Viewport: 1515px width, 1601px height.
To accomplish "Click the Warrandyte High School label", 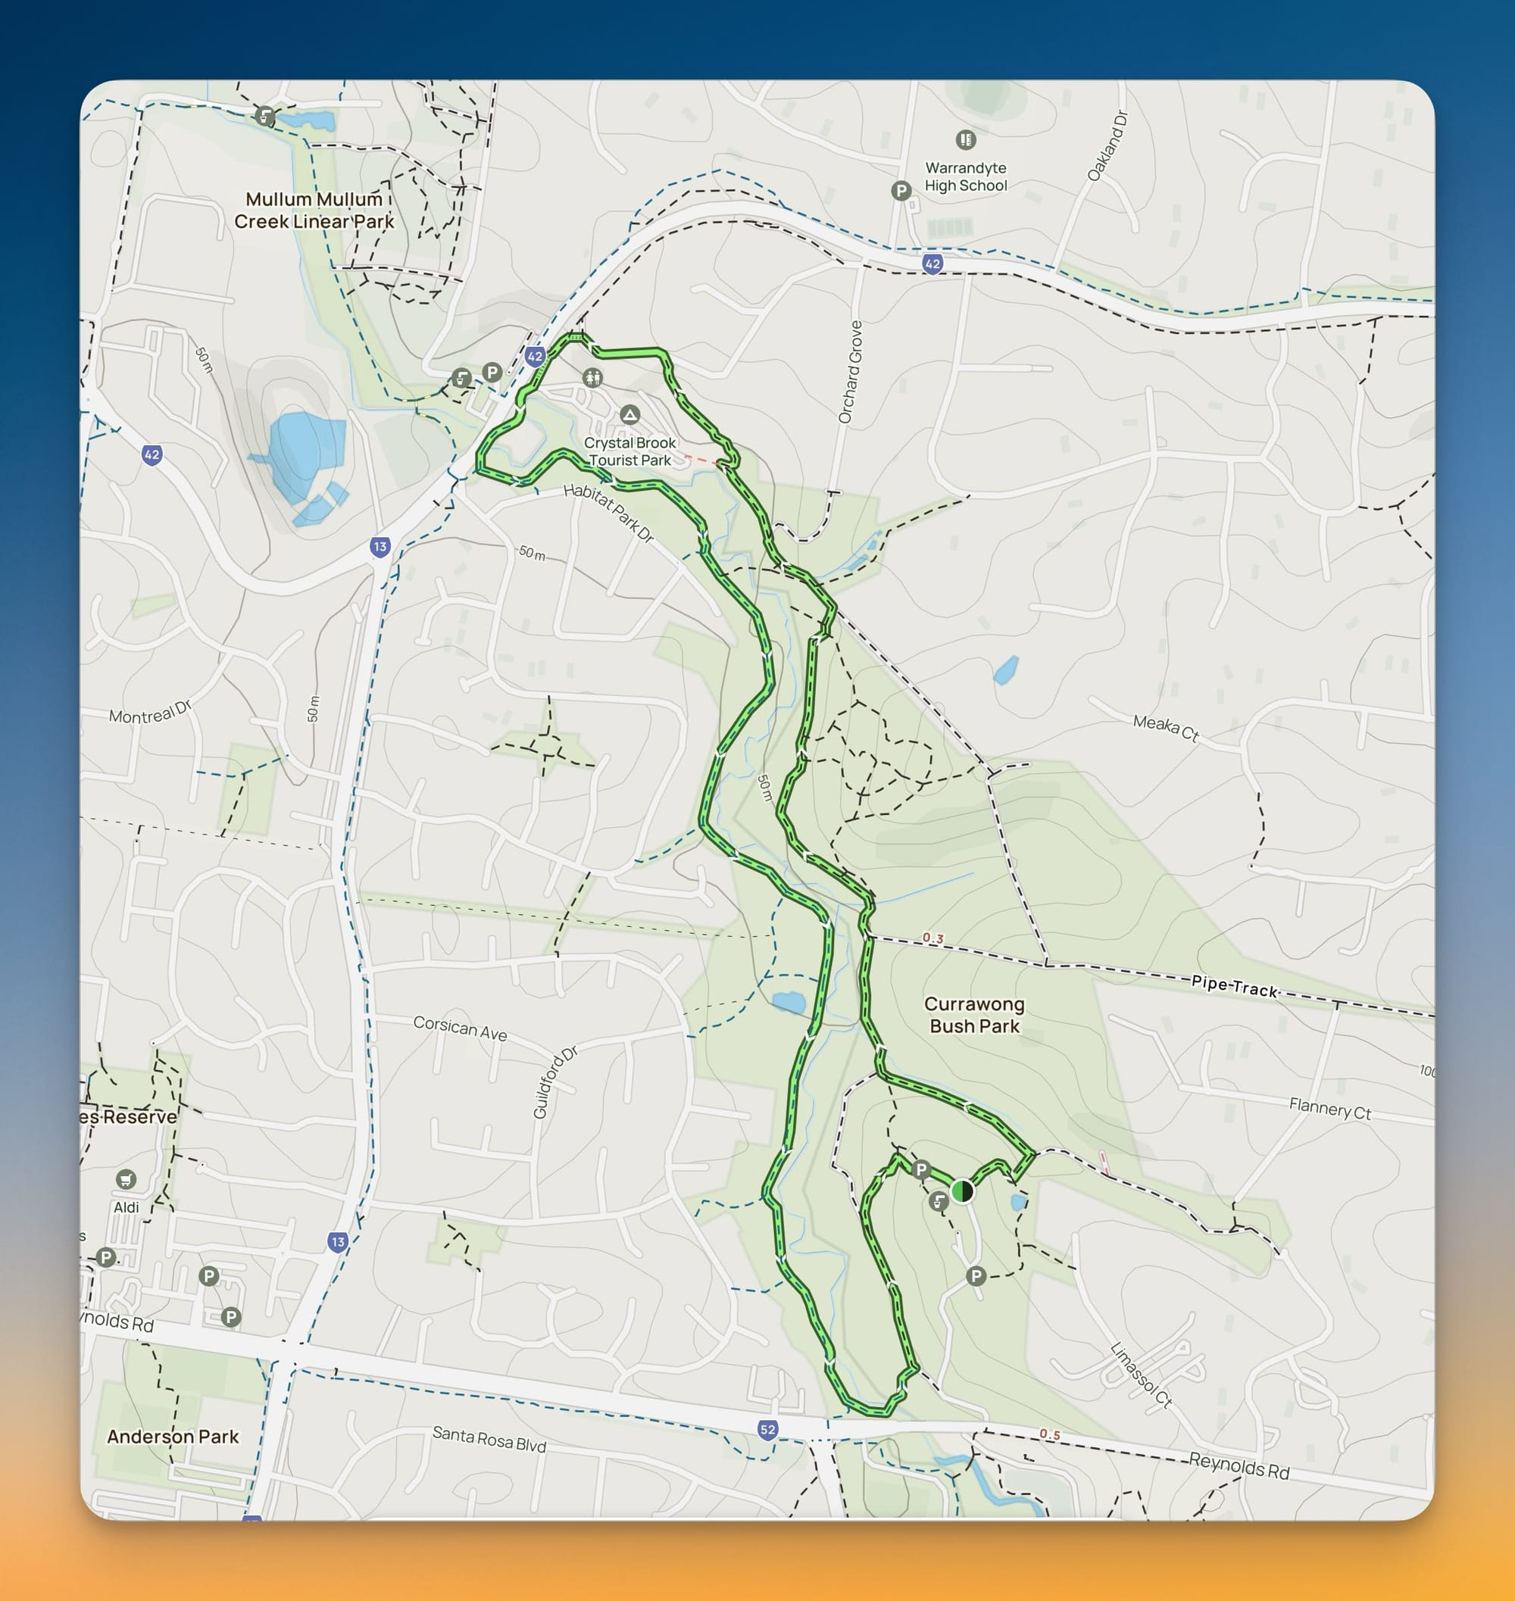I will [x=965, y=176].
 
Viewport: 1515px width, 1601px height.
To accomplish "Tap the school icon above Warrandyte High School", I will [x=965, y=139].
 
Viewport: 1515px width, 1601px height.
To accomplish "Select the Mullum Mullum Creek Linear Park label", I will [x=314, y=210].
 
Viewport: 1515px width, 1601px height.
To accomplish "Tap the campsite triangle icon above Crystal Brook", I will [x=629, y=415].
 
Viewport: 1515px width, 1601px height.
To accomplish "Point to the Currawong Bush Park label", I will [x=974, y=1015].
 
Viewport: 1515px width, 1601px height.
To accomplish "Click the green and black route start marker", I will [x=962, y=1191].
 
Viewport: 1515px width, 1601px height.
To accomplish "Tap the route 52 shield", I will [x=767, y=1430].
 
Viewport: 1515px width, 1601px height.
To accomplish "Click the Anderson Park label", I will [x=173, y=1437].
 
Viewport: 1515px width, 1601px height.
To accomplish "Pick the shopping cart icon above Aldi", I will [x=125, y=1180].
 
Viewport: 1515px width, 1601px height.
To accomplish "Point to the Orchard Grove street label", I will [x=850, y=371].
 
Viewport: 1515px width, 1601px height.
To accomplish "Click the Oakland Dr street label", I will [x=1107, y=146].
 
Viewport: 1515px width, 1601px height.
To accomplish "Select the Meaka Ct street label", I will [x=1165, y=728].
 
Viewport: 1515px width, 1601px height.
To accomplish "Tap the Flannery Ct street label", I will [x=1329, y=1109].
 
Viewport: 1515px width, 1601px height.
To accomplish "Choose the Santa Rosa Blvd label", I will [x=489, y=1439].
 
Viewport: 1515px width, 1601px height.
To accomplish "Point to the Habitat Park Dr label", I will [x=608, y=513].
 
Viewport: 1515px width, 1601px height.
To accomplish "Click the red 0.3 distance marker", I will [x=932, y=938].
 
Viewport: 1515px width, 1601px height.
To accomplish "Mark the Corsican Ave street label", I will [x=460, y=1028].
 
